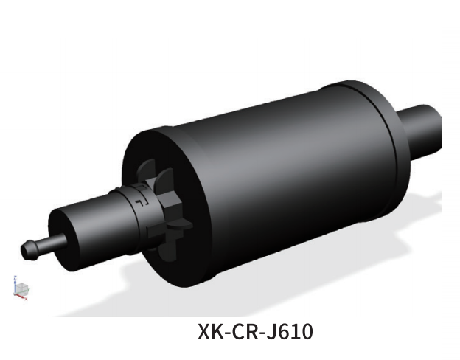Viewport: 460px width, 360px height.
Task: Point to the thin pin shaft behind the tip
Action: point(41,244)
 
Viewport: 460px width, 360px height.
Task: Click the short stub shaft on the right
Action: point(423,129)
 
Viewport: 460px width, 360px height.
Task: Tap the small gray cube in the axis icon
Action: point(22,288)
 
